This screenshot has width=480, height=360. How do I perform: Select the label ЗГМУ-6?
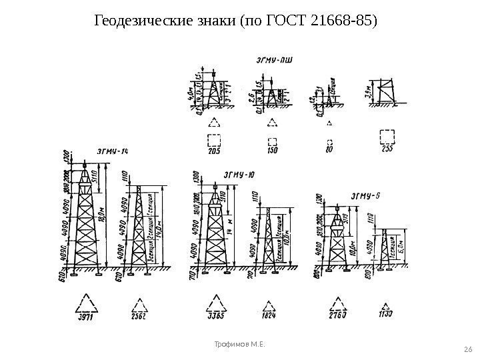(x=365, y=195)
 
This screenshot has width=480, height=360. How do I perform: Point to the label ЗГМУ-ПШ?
(x=273, y=59)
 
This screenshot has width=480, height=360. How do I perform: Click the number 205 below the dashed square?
(x=213, y=151)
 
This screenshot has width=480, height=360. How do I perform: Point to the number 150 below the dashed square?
(x=272, y=151)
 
